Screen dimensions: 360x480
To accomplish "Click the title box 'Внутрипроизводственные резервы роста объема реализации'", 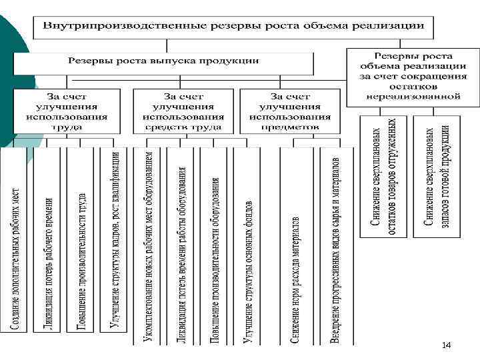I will point(233,26).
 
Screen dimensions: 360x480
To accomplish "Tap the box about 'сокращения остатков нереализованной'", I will point(413,77).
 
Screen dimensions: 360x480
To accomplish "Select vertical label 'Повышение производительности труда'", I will point(82,261).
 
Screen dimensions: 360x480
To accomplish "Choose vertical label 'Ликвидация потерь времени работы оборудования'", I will point(181,254).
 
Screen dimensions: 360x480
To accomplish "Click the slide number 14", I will point(447,345).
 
